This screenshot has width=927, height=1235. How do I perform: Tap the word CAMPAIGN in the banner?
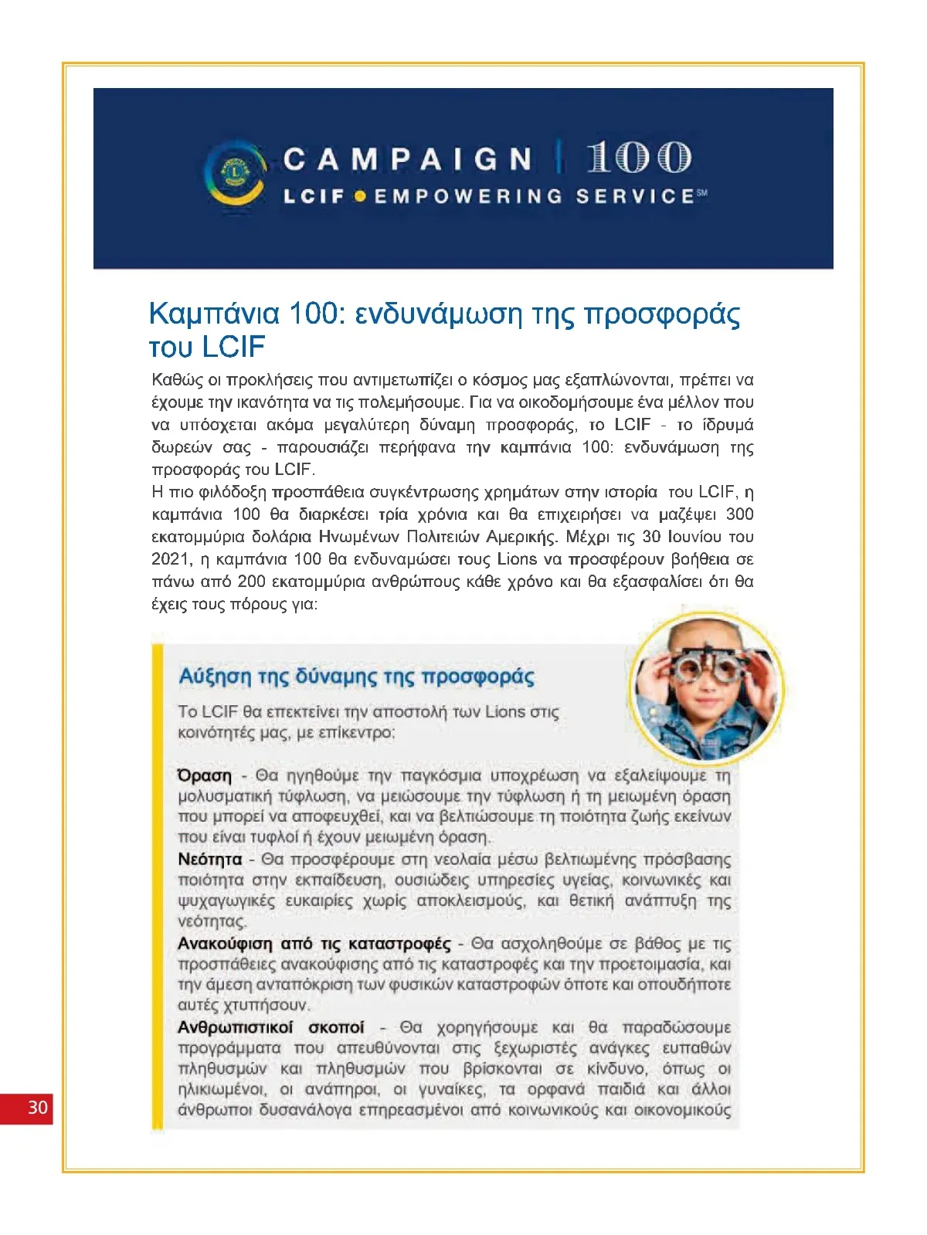pyautogui.click(x=407, y=160)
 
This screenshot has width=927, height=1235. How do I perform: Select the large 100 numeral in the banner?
pyautogui.click(x=638, y=158)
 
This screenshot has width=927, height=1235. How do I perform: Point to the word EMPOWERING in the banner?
pyautogui.click(x=469, y=197)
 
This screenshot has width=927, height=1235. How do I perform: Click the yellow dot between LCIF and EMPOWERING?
pyautogui.click(x=359, y=197)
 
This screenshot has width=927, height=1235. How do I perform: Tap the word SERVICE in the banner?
pyautogui.click(x=635, y=197)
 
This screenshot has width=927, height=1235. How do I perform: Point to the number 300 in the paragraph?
pyautogui.click(x=739, y=514)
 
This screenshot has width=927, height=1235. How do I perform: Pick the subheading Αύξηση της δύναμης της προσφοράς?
pyautogui.click(x=356, y=677)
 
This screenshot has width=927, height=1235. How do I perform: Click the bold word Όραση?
pyautogui.click(x=205, y=775)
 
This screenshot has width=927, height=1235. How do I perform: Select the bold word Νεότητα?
pyautogui.click(x=209, y=860)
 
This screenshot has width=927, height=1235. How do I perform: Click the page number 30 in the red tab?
pyautogui.click(x=37, y=1108)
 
